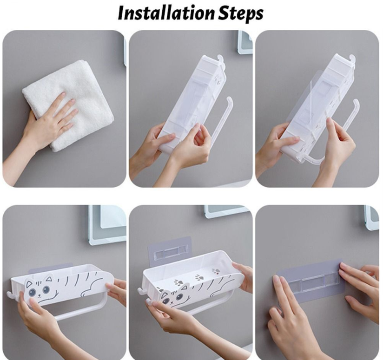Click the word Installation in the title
(167, 13)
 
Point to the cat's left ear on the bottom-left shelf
(30, 284)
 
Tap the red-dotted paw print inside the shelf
(216, 271)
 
